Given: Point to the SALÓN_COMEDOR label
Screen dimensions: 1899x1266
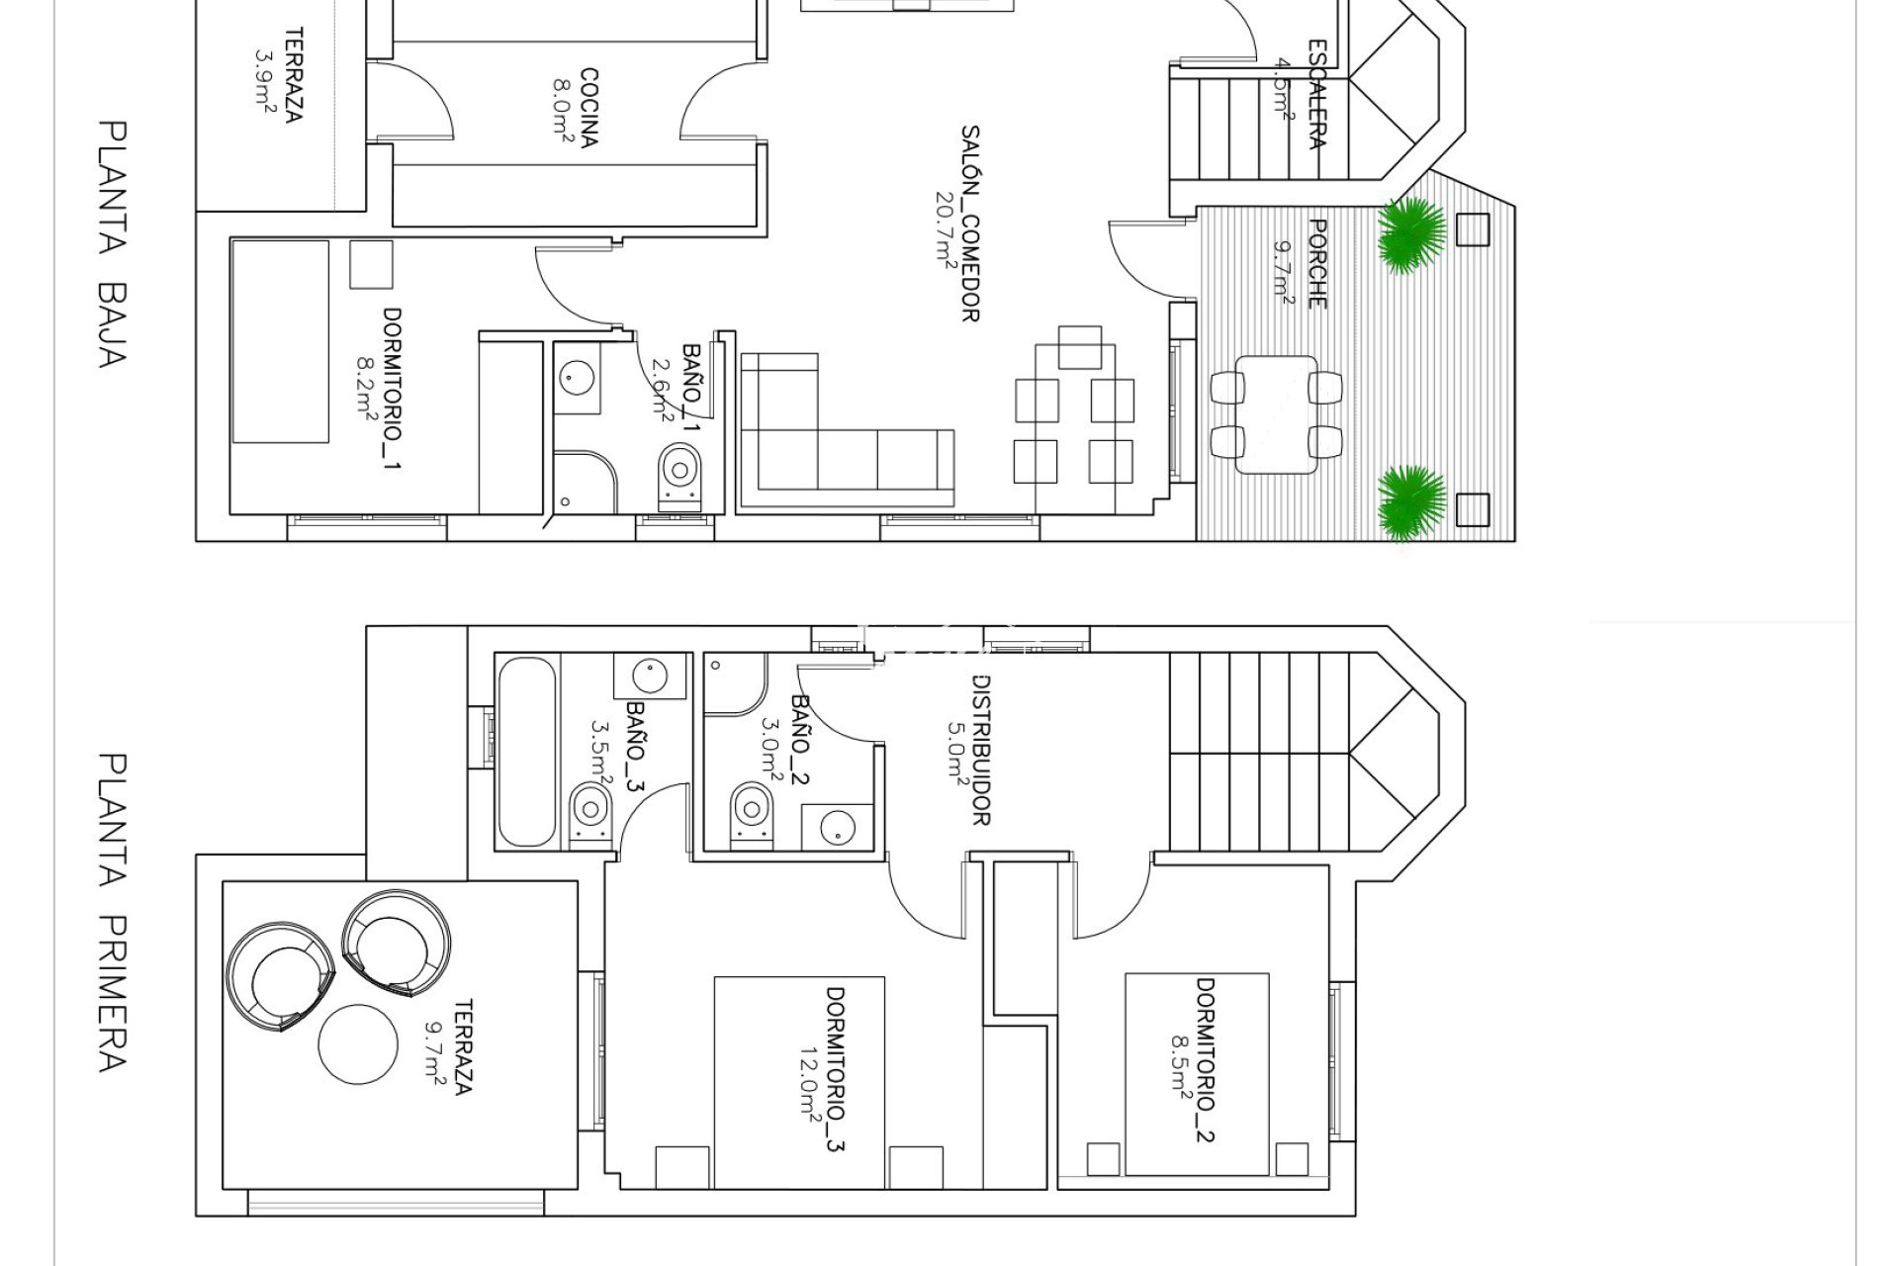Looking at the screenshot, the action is [971, 223].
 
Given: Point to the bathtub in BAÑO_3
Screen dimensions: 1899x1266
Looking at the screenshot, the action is [527, 752].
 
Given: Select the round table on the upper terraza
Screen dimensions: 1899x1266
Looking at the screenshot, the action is [358, 1044].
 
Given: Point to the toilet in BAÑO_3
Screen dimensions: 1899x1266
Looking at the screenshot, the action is [591, 814].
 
